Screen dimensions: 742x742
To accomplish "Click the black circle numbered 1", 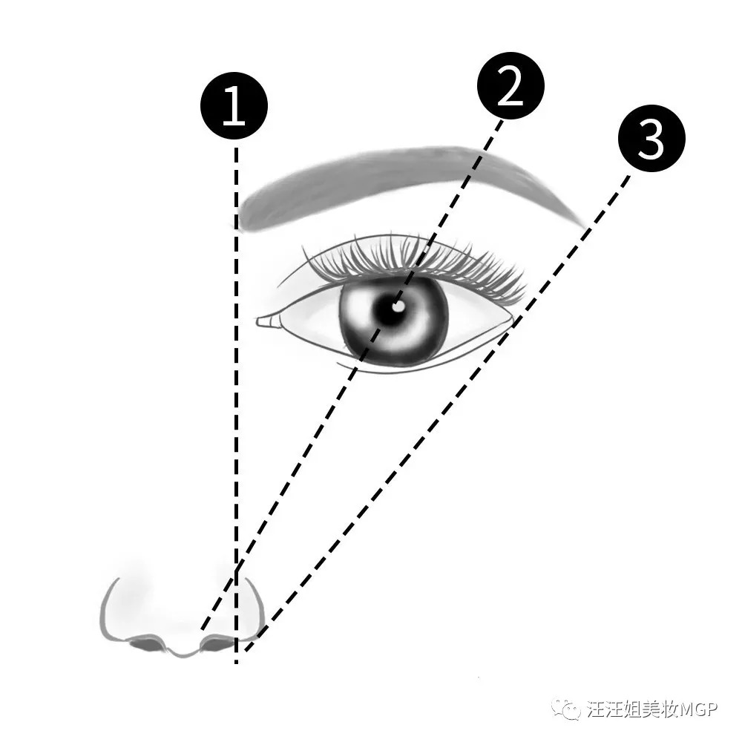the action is pyautogui.click(x=234, y=105).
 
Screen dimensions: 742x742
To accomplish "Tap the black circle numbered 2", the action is pyautogui.click(x=510, y=85).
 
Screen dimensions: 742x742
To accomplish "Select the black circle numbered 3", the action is pyautogui.click(x=651, y=138).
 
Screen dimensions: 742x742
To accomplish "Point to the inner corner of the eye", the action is pyautogui.click(x=258, y=322).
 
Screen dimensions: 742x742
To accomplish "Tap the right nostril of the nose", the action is pyautogui.click(x=217, y=643).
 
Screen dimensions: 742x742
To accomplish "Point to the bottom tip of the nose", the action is pyautogui.click(x=182, y=655).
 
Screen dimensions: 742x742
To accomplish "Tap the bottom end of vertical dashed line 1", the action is pyautogui.click(x=236, y=663).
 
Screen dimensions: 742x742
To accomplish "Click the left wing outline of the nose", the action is pyautogui.click(x=110, y=611).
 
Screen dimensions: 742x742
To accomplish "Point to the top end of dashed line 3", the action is pyautogui.click(x=629, y=176).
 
